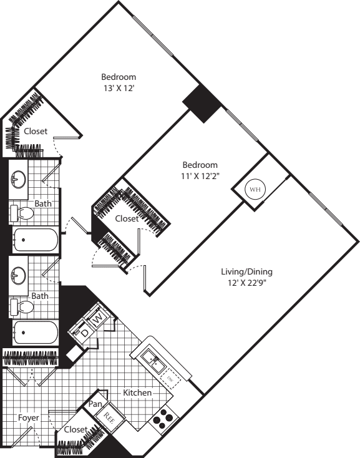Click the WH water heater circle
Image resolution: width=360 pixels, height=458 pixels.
(x=255, y=189)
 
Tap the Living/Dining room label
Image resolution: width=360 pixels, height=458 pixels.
(x=246, y=272)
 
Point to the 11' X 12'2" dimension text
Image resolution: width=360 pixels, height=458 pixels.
(x=200, y=176)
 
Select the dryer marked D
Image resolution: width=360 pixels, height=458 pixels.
(x=85, y=331)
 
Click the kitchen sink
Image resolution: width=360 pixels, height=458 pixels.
(x=152, y=358)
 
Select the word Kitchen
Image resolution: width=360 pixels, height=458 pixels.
(x=137, y=393)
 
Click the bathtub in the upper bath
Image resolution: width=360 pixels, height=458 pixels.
(x=35, y=239)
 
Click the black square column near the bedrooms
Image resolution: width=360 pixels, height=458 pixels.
(x=202, y=102)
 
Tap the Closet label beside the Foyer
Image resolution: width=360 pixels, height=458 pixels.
(x=75, y=429)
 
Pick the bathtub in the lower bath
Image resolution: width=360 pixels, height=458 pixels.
(x=35, y=332)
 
